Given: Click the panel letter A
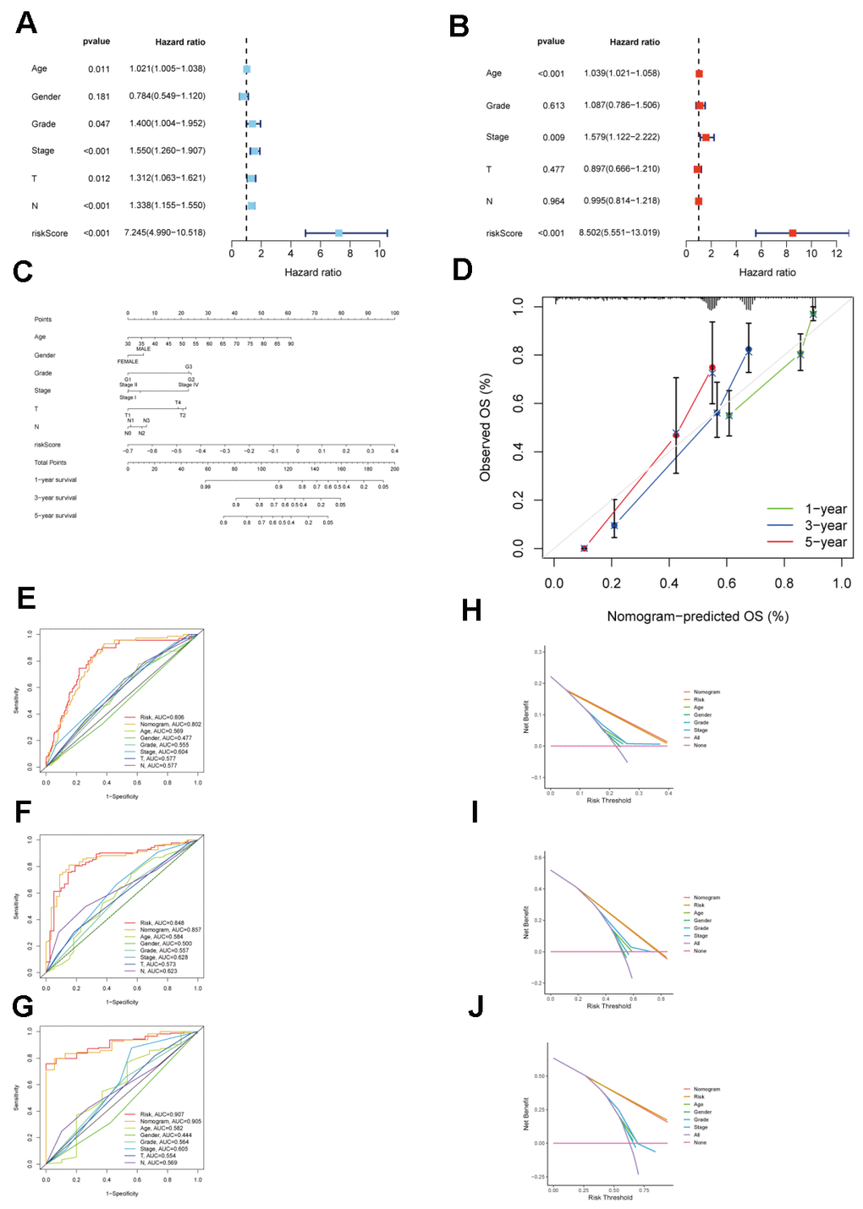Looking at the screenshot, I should (26, 23).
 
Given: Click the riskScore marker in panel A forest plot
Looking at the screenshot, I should (338, 232).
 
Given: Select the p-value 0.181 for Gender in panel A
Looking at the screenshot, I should (99, 96).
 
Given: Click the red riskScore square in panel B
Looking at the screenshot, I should (792, 232).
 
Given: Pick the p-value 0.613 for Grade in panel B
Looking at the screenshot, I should (553, 106).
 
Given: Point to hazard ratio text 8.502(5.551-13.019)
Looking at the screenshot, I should (619, 232).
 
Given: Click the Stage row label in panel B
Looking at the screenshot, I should (497, 137).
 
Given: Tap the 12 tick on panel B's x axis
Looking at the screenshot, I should (837, 254).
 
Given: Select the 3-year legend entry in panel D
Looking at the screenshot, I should (825, 526).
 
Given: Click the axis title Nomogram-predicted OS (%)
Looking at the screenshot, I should (697, 616).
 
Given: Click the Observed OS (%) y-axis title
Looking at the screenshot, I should (485, 427).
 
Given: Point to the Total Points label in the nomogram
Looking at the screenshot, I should (50, 462).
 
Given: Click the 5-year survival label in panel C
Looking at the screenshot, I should (55, 516).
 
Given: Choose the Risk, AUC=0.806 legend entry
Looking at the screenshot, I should (162, 717).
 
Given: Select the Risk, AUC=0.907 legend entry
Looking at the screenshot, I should (162, 1114).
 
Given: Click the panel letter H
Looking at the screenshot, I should (471, 610).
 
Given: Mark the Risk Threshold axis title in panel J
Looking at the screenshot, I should (610, 1197).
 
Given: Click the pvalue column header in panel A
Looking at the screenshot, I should (96, 41).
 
